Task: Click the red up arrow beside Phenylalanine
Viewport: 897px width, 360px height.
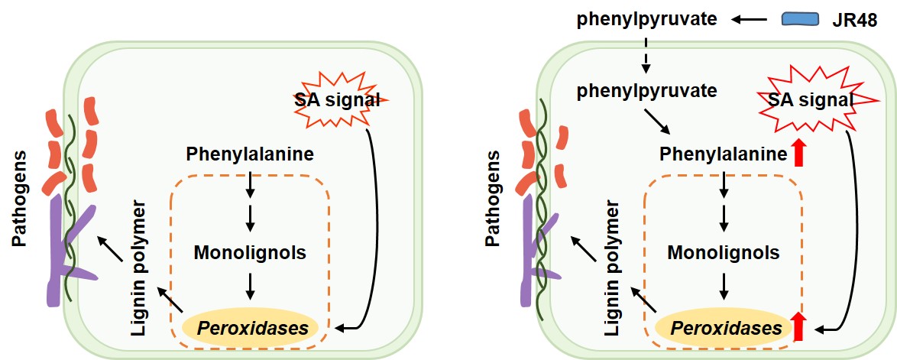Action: [x=799, y=154]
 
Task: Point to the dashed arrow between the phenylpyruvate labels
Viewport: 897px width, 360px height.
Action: [x=646, y=54]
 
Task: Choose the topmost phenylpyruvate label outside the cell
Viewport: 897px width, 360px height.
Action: [x=646, y=18]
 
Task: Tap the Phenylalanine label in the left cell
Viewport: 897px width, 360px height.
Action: [x=250, y=154]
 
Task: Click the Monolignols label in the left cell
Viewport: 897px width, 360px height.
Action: [x=250, y=252]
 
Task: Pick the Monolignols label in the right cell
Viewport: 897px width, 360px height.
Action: [x=724, y=252]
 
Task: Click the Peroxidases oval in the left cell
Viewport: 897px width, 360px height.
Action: [x=250, y=329]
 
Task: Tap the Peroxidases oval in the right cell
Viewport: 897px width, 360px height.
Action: [x=722, y=329]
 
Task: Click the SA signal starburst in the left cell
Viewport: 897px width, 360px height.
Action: [x=337, y=99]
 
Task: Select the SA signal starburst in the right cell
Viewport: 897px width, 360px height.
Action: [x=810, y=100]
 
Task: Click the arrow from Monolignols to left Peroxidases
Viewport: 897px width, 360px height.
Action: [x=250, y=285]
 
